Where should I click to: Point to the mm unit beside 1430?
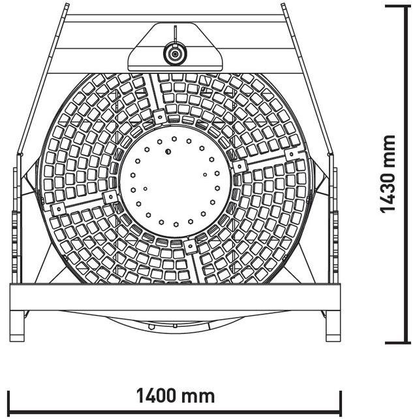click(x=389, y=150)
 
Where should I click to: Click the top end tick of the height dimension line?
click(x=397, y=6)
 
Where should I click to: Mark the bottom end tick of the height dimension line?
click(x=397, y=342)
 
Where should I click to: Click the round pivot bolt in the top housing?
click(x=174, y=53)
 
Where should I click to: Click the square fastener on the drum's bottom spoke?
click(x=190, y=247)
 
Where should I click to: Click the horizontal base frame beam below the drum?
click(x=174, y=296)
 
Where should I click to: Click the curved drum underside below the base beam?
click(x=174, y=322)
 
